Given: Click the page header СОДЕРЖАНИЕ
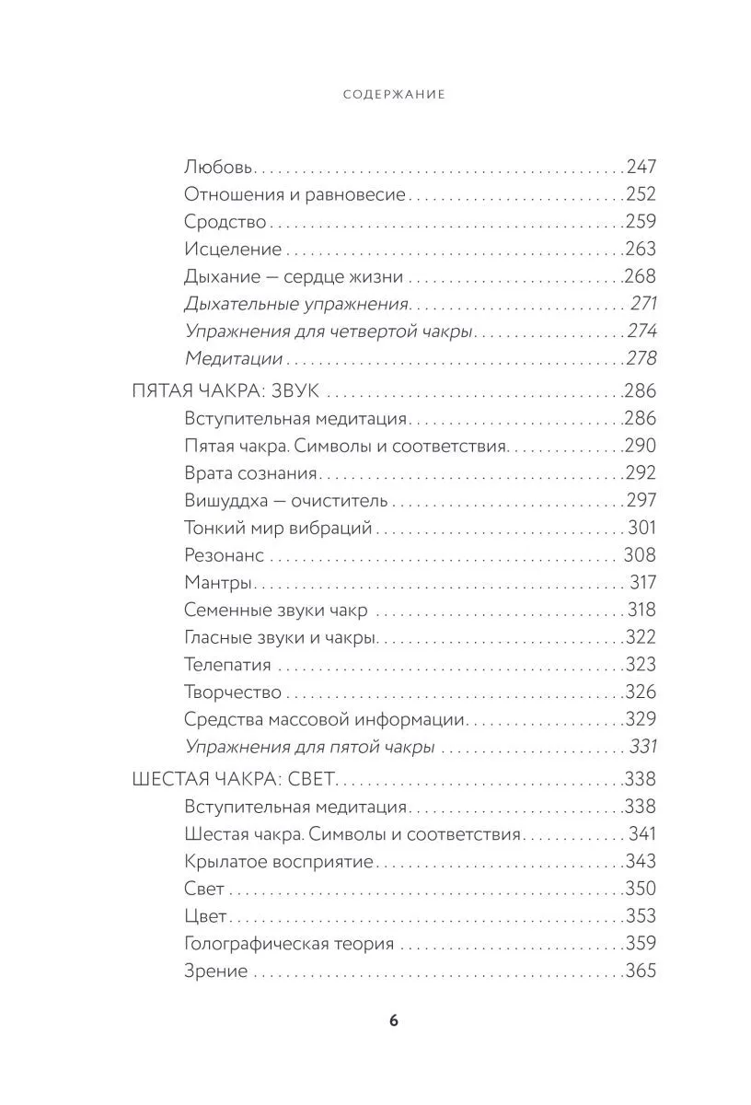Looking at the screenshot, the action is [x=393, y=94].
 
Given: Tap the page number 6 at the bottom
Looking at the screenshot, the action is [x=393, y=1019].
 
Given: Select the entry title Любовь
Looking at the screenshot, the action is [x=218, y=168].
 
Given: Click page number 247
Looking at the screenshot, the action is [x=641, y=168].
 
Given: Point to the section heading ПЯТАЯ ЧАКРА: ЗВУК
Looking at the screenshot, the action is [x=226, y=391].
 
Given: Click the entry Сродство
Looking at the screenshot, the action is [x=225, y=222].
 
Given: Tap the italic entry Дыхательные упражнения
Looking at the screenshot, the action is [x=295, y=304].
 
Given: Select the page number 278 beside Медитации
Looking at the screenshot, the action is [x=641, y=359].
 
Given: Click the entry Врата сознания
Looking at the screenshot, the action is [x=250, y=473].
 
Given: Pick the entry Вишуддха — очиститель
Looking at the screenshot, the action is [x=286, y=501].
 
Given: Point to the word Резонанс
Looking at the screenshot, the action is [x=224, y=555].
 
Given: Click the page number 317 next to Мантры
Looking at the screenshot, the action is [x=642, y=583].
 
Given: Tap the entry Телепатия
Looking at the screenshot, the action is [x=227, y=665].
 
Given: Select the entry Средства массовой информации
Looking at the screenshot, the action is [x=324, y=720].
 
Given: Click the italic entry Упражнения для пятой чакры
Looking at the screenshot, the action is [x=309, y=748].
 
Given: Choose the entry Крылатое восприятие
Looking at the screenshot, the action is [x=279, y=862].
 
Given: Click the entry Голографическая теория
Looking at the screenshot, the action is [x=289, y=944].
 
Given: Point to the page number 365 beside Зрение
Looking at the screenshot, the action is [x=641, y=971].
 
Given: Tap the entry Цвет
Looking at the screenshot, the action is [x=205, y=916].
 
